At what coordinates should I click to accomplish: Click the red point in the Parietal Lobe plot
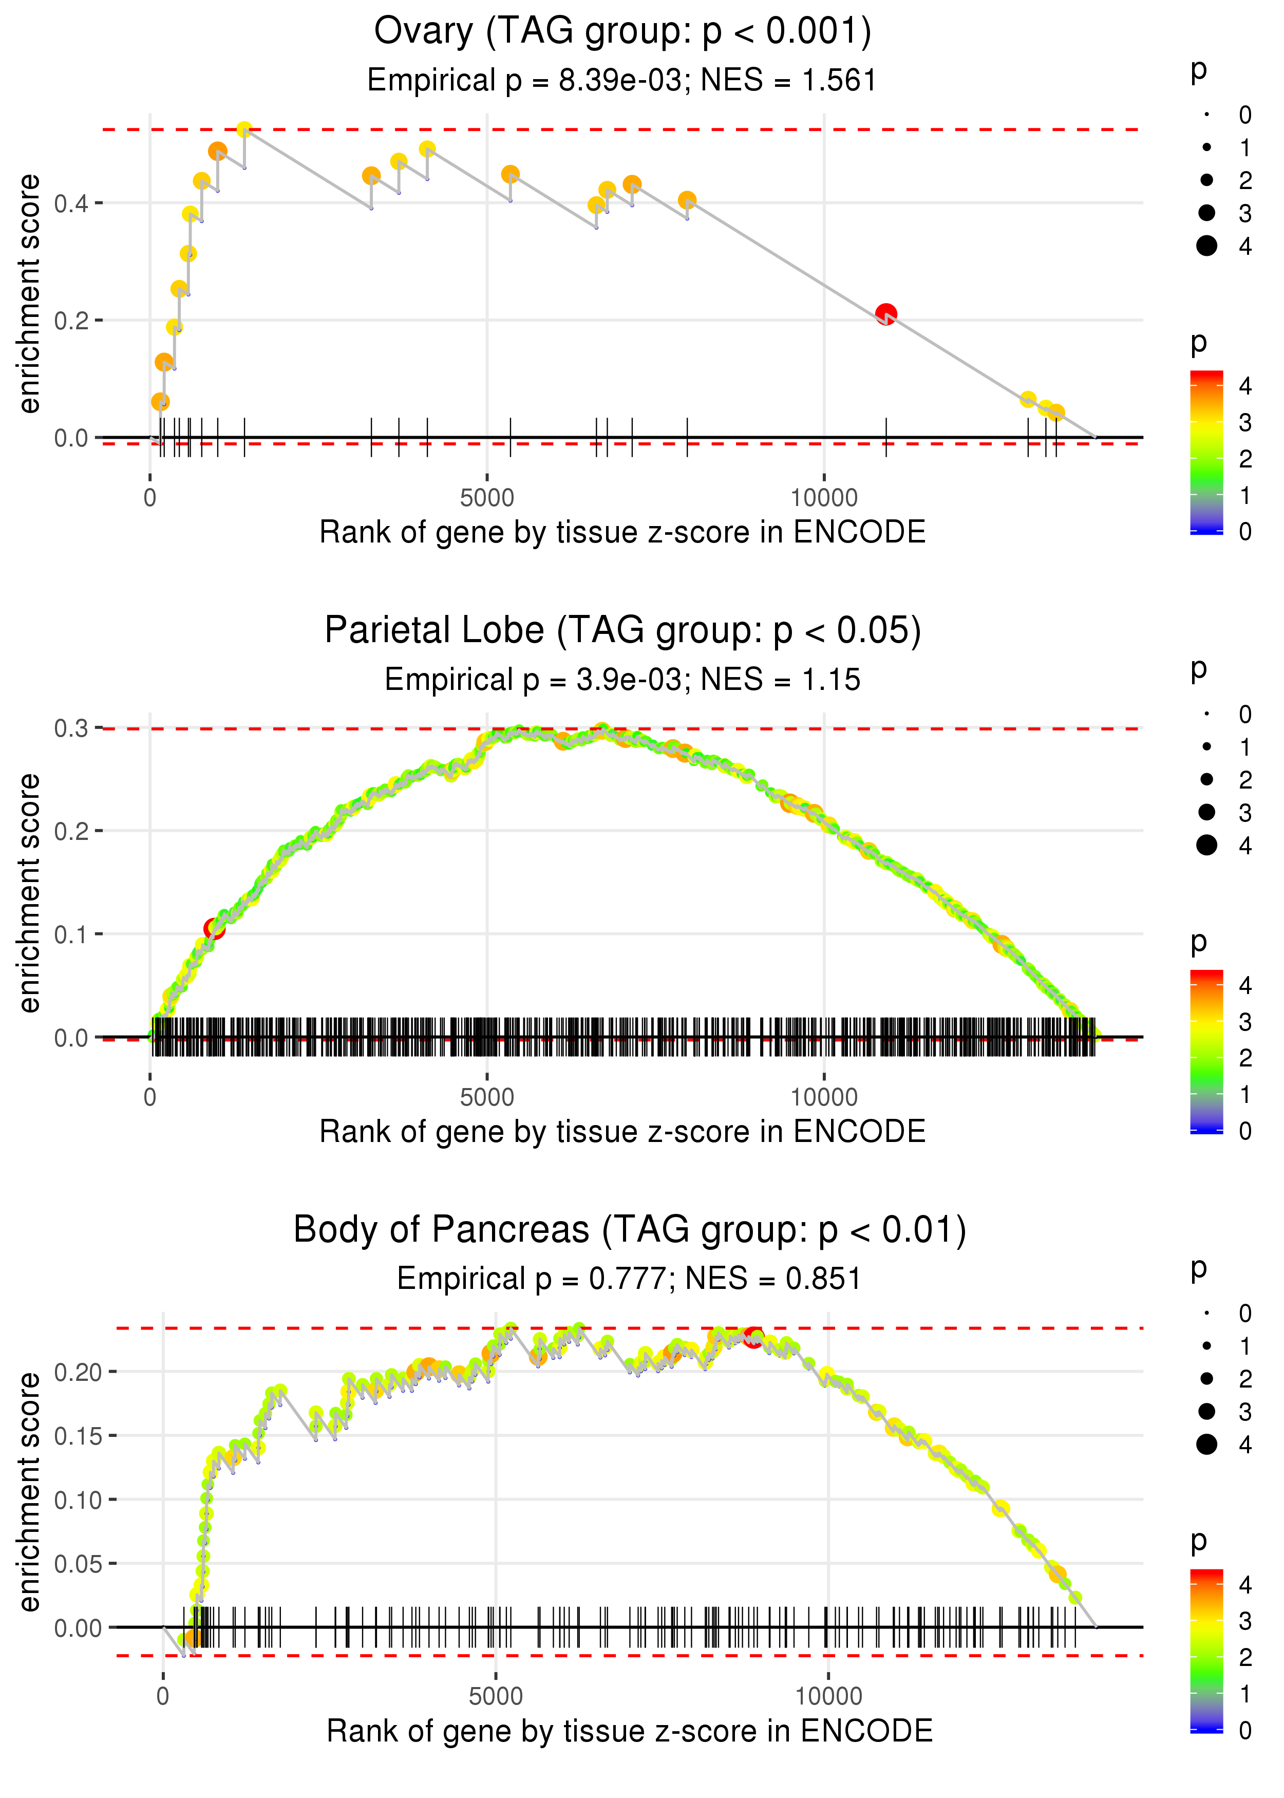(214, 928)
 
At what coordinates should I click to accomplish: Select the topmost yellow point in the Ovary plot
(244, 129)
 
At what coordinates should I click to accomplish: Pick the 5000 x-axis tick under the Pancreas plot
(496, 1696)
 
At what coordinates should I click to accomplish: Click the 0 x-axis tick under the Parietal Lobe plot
(150, 1097)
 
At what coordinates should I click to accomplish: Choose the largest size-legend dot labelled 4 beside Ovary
(1206, 246)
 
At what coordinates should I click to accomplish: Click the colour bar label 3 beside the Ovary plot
(1245, 423)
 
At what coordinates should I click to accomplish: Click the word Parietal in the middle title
(433, 631)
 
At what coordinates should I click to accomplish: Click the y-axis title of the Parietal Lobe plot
(29, 893)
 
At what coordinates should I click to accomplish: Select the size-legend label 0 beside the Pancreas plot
(1245, 1314)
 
